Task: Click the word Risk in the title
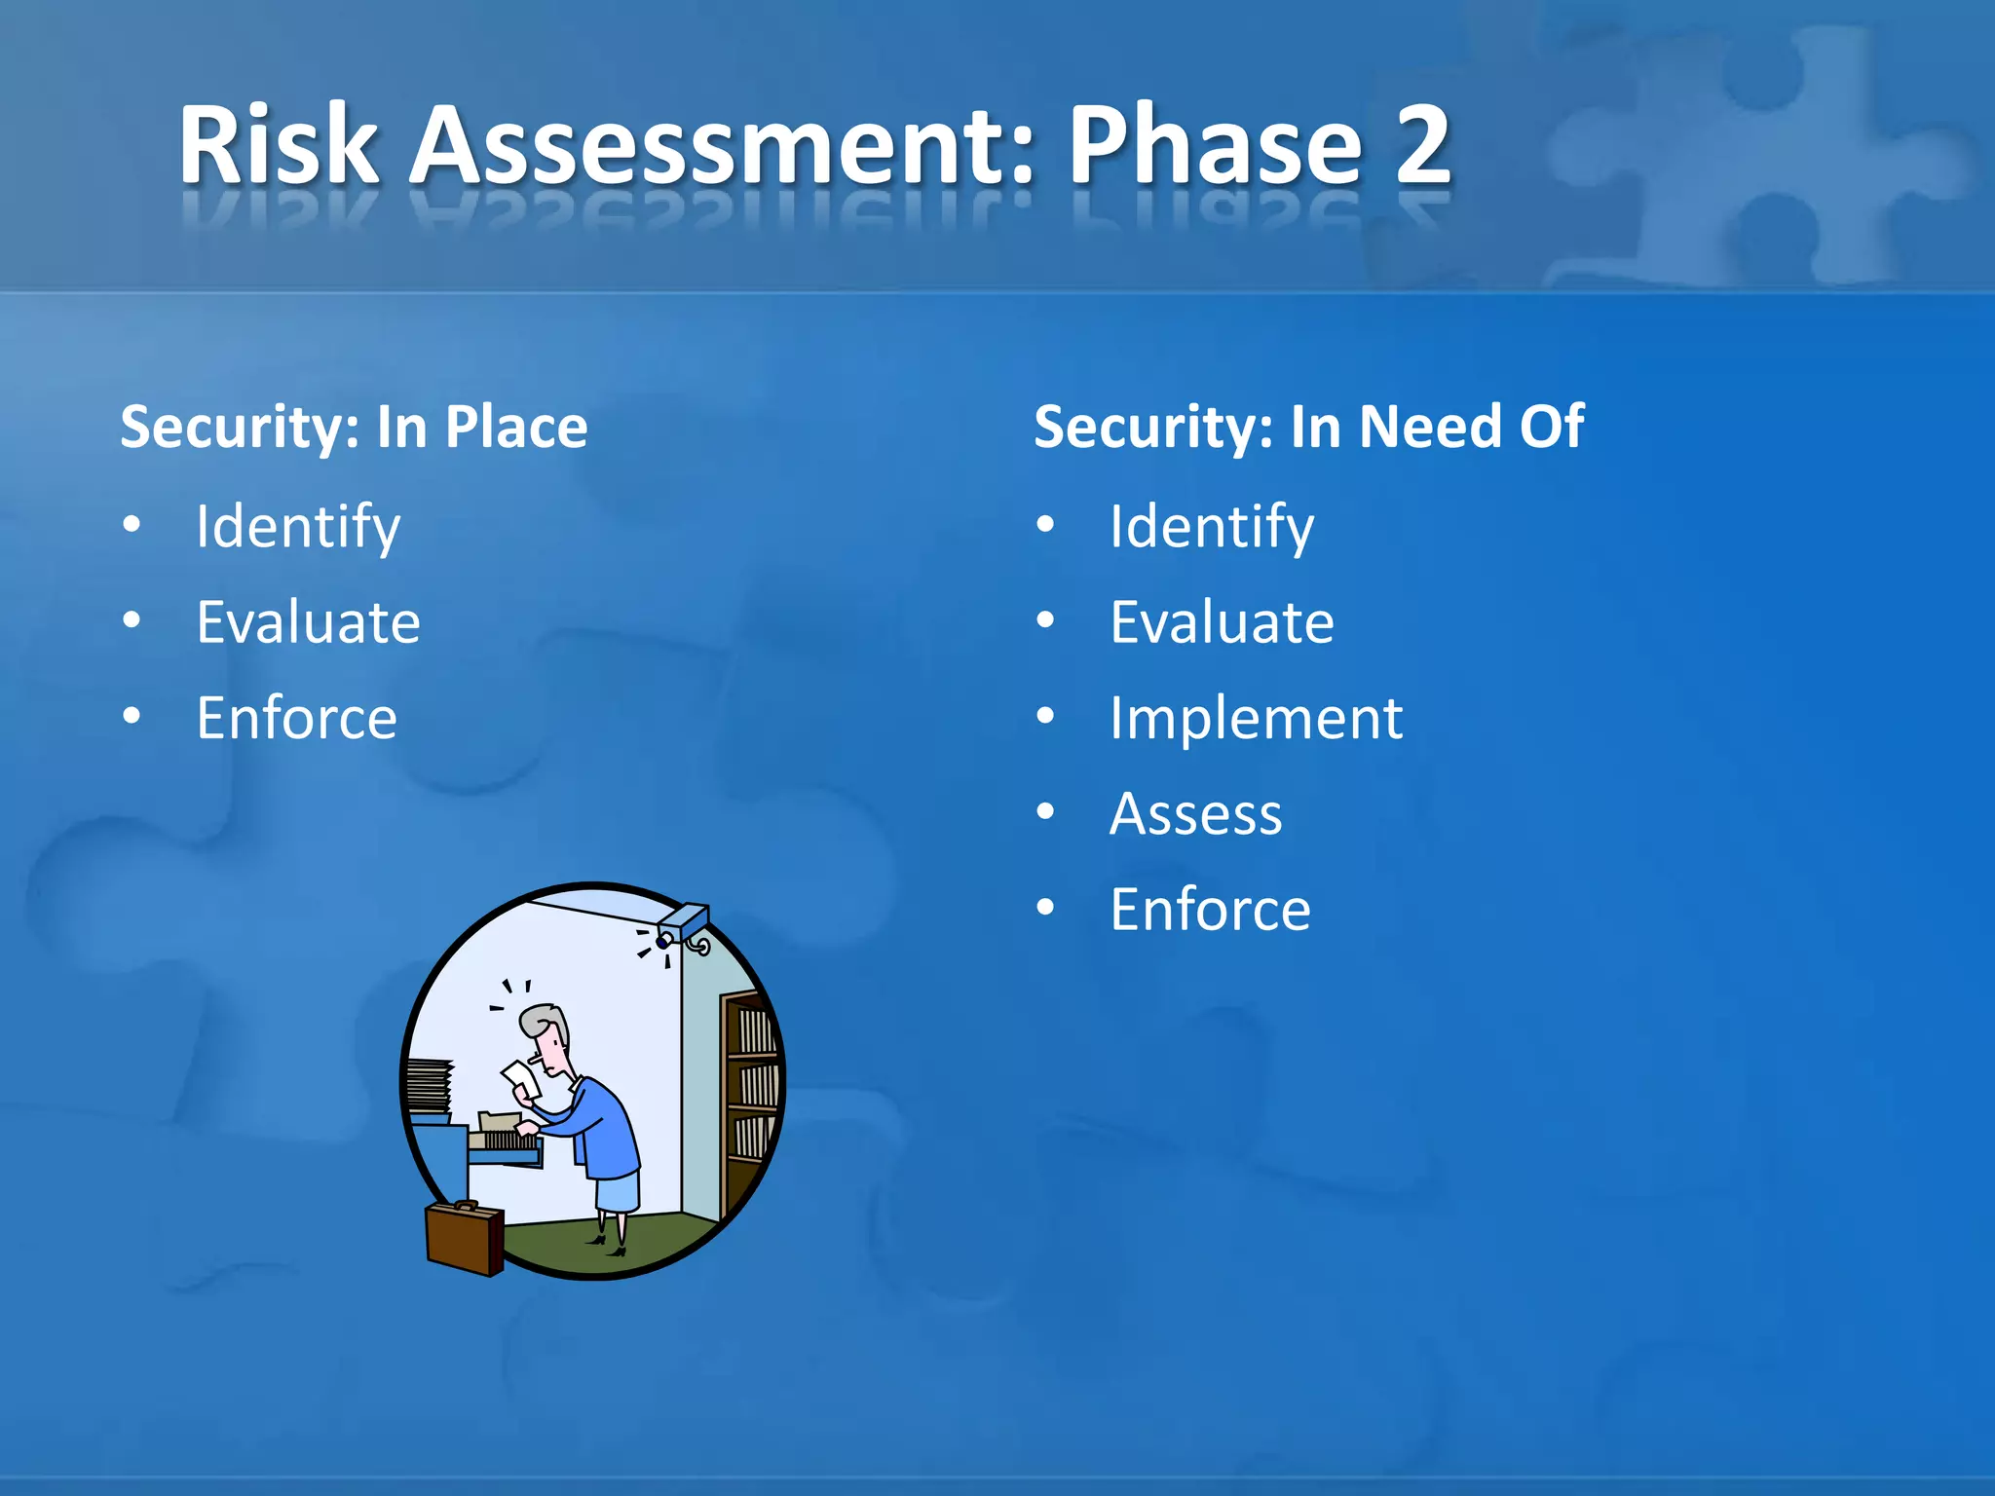pos(278,146)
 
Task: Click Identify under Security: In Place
pos(298,527)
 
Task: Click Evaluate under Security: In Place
pos(308,622)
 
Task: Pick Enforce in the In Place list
pos(297,718)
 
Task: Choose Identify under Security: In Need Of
pos(1212,527)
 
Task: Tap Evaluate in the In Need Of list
pos(1222,622)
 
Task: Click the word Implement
pos(1256,718)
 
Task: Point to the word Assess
pos(1195,813)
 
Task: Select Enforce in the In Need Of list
pos(1210,909)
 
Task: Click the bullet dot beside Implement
pos(1045,717)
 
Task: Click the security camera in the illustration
pos(682,925)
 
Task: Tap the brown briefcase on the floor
pos(465,1238)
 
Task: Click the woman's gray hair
pos(543,1021)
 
